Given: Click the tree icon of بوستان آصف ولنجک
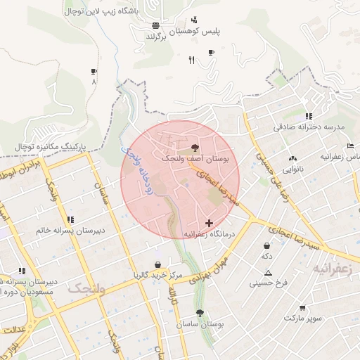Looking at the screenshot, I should click(195, 148).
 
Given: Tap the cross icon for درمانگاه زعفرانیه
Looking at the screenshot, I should click(208, 222).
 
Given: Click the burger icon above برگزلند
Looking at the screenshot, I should click(155, 25).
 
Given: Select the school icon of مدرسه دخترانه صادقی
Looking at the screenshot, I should click(309, 116).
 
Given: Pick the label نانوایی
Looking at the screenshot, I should click(293, 169).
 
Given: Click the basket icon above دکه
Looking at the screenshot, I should click(267, 246).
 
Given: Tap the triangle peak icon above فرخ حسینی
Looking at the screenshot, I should click(268, 273).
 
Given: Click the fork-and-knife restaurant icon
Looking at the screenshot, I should click(191, 60).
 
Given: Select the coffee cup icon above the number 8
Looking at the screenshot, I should click(94, 71).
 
